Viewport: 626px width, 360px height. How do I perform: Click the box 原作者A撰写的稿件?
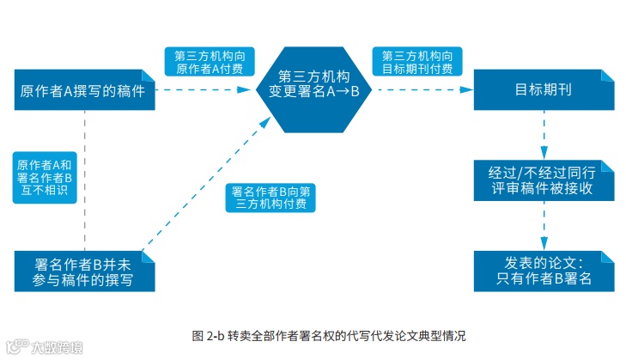point(82,90)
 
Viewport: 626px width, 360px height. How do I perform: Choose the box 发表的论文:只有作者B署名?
point(543,270)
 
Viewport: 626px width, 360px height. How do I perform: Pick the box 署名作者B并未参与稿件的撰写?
point(82,270)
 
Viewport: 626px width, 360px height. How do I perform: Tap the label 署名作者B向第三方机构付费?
point(272,198)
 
